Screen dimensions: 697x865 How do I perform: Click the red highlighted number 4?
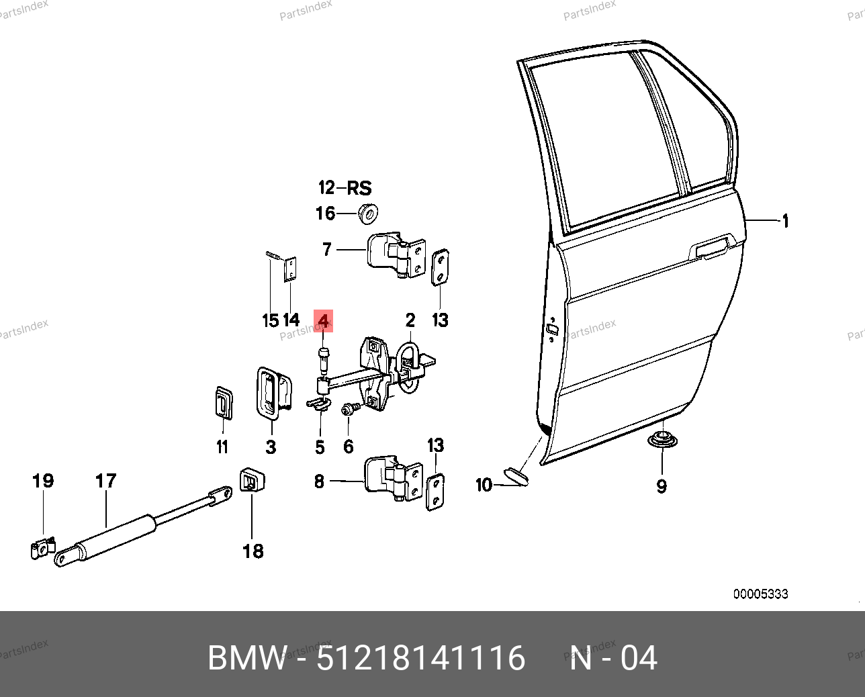click(324, 321)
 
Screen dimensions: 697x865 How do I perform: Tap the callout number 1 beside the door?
click(785, 222)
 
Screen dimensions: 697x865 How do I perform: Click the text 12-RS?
click(345, 188)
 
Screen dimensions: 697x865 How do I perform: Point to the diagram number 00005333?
click(760, 594)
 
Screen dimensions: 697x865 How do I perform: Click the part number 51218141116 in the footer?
click(421, 658)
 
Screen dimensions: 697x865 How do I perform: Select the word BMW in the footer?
click(247, 658)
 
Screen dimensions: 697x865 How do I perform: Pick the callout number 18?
click(253, 551)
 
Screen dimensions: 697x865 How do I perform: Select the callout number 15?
click(270, 320)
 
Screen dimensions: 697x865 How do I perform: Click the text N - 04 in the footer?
click(613, 658)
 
